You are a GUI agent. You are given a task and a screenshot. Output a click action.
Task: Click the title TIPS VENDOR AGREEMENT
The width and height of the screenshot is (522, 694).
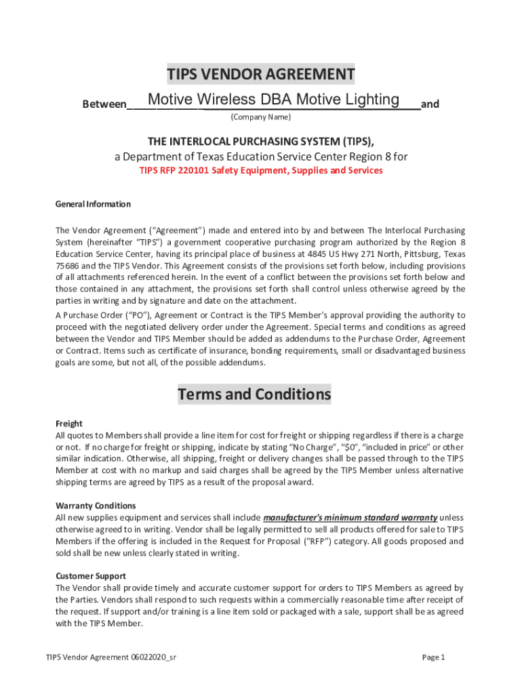261,75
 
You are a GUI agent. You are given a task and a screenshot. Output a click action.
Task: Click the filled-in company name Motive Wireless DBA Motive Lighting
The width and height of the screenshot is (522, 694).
273,100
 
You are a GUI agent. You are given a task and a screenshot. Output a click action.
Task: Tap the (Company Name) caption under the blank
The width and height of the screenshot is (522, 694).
260,117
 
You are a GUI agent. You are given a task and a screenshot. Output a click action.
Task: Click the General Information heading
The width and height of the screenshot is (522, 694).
93,204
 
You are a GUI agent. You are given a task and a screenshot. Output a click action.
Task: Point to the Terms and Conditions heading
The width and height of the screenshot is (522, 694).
254,394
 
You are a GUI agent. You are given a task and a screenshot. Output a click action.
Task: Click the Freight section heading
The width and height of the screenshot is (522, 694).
68,424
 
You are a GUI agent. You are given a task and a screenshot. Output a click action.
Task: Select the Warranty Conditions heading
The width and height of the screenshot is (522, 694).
96,506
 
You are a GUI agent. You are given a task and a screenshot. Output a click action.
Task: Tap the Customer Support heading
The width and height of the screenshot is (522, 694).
90,576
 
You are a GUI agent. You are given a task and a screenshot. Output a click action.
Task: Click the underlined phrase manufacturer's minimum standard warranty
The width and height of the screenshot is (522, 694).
350,517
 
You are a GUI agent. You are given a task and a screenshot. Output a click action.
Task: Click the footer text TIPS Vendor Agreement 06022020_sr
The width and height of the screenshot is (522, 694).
112,657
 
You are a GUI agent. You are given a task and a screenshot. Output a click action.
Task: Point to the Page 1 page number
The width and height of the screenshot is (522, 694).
433,657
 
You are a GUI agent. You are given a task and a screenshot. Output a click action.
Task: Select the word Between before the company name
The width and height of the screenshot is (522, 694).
104,104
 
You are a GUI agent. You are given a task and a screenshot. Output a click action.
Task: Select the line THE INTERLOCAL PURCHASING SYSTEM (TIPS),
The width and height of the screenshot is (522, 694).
261,141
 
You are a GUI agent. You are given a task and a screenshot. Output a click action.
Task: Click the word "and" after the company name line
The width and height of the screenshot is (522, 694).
430,104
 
